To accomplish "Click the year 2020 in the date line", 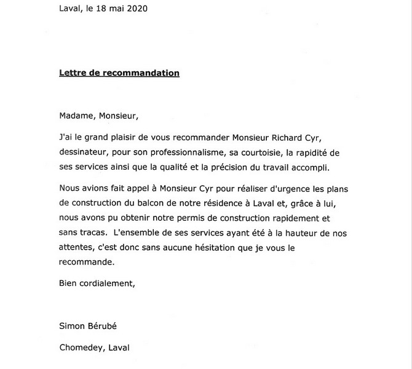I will [137, 9].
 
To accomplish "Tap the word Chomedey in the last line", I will [81, 347].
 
